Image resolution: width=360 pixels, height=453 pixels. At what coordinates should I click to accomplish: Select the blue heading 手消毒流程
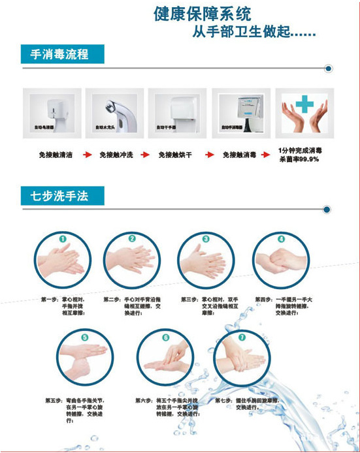(55, 54)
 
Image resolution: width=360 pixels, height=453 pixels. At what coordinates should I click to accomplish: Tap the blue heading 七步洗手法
(55, 194)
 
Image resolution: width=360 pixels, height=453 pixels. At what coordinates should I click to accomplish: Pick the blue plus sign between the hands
(304, 104)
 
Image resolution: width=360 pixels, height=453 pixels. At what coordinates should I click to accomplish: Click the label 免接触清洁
(56, 155)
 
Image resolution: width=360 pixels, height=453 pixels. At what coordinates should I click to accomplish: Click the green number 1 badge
(62, 239)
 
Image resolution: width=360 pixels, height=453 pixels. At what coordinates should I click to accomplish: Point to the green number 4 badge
(281, 239)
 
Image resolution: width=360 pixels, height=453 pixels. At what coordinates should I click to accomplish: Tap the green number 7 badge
(242, 338)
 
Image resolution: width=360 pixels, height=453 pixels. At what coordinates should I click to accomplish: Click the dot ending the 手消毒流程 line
(329, 67)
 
